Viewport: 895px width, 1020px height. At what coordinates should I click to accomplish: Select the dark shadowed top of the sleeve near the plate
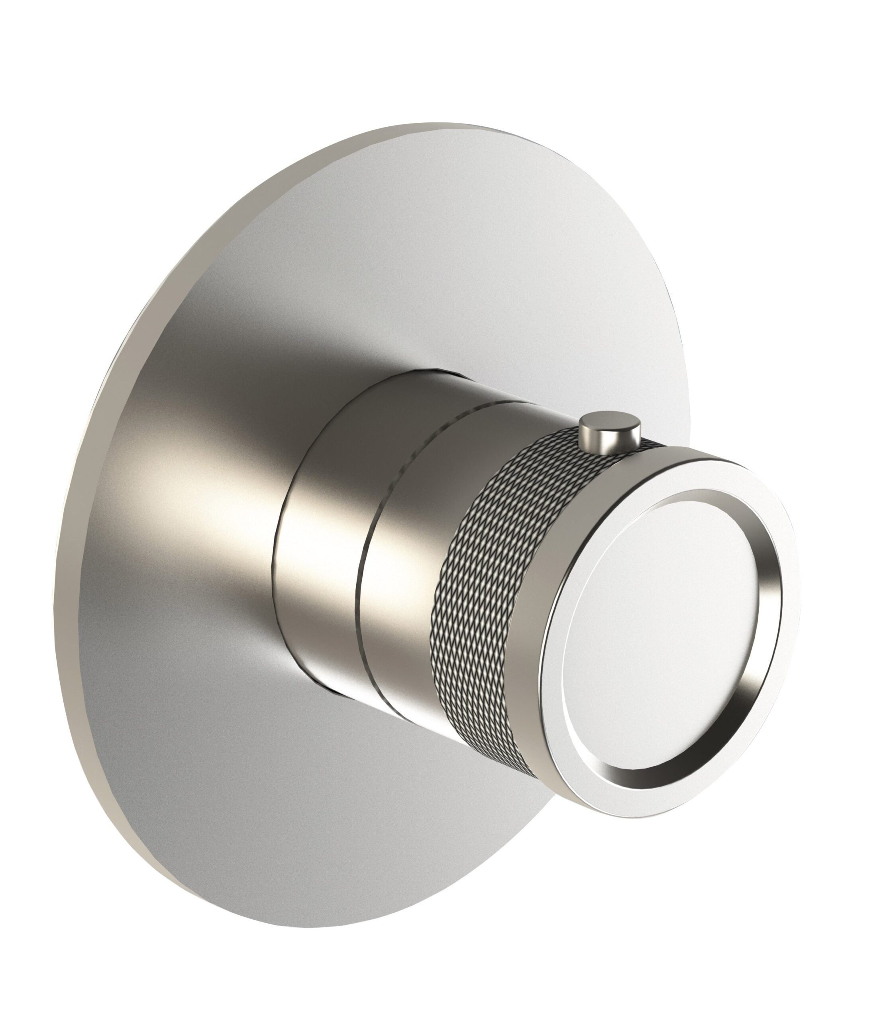[x=379, y=399]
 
